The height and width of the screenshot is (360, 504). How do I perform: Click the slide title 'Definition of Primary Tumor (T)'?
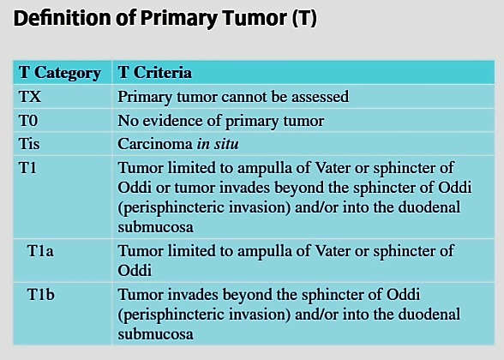pyautogui.click(x=165, y=19)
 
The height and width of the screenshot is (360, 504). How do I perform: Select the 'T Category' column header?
pyautogui.click(x=60, y=73)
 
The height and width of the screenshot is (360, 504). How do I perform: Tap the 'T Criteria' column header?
pyautogui.click(x=155, y=72)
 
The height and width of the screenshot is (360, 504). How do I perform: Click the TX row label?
pyautogui.click(x=30, y=96)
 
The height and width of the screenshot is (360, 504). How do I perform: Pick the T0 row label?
pyautogui.click(x=28, y=121)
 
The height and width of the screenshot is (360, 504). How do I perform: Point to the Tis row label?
pyautogui.click(x=29, y=143)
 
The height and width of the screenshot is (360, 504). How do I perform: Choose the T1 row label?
pyautogui.click(x=27, y=168)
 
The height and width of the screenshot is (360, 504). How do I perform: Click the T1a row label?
pyautogui.click(x=40, y=251)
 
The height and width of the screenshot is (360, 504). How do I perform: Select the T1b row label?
pyautogui.click(x=41, y=295)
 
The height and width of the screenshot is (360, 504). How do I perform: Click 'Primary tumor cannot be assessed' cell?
pyautogui.click(x=233, y=97)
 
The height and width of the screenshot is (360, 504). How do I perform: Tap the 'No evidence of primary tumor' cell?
pyautogui.click(x=221, y=121)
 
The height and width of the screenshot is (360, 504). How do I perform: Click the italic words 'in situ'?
pyautogui.click(x=218, y=144)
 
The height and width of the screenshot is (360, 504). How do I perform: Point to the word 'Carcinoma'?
pyautogui.click(x=155, y=144)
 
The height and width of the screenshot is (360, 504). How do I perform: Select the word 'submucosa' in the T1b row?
pyautogui.click(x=156, y=334)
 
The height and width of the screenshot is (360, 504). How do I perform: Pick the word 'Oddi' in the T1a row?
pyautogui.click(x=135, y=271)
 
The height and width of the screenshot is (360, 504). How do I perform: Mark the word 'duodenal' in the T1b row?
pyautogui.click(x=429, y=314)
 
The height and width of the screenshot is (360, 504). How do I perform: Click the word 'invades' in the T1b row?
pyautogui.click(x=193, y=295)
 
